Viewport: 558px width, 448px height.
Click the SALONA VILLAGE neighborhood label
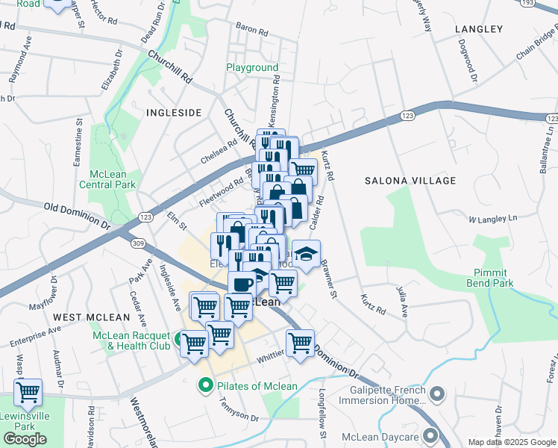(x=410, y=181)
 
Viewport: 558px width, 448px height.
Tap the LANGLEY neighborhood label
(x=478, y=29)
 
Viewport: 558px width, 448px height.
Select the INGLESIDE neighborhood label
(x=174, y=113)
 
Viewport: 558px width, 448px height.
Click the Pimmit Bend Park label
(x=493, y=278)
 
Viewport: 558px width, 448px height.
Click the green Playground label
(x=252, y=68)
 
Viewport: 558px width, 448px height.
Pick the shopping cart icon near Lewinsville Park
(x=28, y=391)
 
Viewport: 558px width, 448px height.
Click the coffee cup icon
(x=242, y=284)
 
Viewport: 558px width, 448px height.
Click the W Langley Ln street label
(x=492, y=220)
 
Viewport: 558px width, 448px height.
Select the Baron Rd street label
(x=251, y=31)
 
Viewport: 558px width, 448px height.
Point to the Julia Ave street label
(x=403, y=299)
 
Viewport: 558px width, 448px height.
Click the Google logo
(x=25, y=438)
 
